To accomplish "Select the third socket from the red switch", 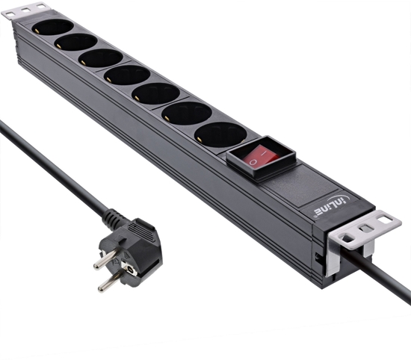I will coord(155,95).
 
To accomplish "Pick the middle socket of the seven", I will coord(129,75).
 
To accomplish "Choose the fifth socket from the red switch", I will coord(102,58).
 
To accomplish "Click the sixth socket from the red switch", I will coord(77,42).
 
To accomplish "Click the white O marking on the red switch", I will coord(255,159).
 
